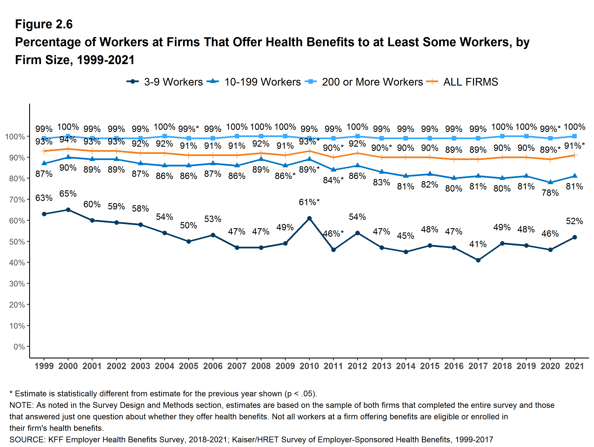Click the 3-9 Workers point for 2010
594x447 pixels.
click(309, 218)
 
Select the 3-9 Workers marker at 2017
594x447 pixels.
click(478, 260)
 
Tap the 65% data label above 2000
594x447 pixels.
click(68, 193)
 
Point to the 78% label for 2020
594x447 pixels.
click(550, 193)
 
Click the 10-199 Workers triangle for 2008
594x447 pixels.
click(261, 159)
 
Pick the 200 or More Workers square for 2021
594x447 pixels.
click(574, 136)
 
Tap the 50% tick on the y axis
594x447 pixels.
click(17, 242)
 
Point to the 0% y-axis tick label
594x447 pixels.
click(19, 347)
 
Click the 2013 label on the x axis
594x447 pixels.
click(382, 366)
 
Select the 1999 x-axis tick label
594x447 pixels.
click(44, 366)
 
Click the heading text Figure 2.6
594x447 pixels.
click(44, 24)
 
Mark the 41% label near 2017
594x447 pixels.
click(478, 244)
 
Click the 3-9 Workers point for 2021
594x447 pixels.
click(574, 237)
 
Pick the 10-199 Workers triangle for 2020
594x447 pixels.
click(550, 182)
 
